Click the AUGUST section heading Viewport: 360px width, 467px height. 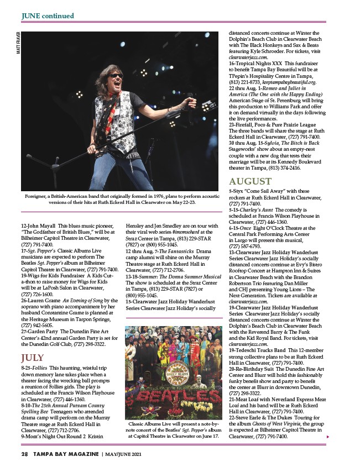tap(250, 181)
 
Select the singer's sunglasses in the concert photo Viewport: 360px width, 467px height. tap(116, 75)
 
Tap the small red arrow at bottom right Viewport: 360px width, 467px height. tap(329, 437)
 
